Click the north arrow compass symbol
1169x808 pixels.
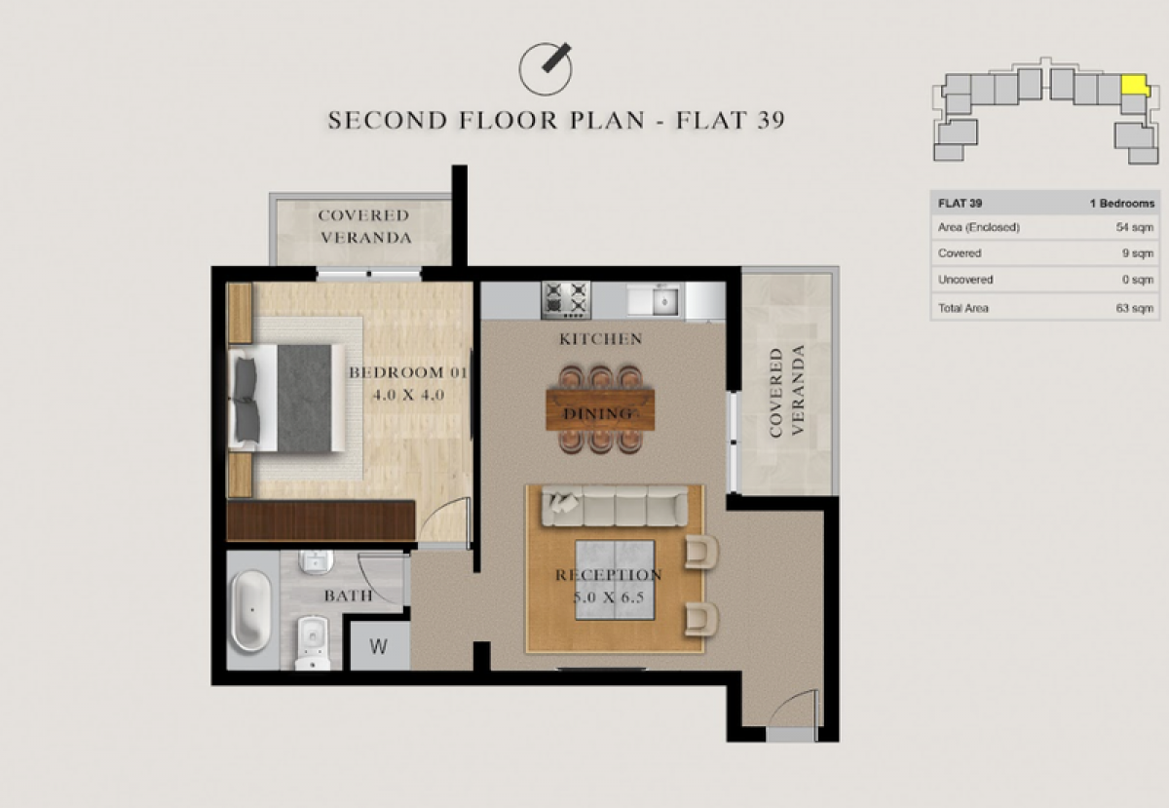[546, 69]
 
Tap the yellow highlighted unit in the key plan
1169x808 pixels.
[1134, 85]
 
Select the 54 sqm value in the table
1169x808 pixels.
[1135, 228]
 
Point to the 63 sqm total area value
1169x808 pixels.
[1135, 308]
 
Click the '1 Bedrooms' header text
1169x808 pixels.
[1122, 203]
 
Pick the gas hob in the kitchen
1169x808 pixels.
[566, 300]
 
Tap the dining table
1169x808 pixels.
[600, 409]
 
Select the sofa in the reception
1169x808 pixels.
[615, 505]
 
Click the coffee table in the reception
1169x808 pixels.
[615, 580]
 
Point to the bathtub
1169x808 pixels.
[251, 610]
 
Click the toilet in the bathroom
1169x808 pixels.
[313, 643]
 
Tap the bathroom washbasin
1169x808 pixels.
[316, 561]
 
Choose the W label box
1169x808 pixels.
[379, 646]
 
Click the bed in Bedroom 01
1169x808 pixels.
[287, 398]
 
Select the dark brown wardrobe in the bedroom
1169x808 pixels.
[321, 520]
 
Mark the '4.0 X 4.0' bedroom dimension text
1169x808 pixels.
[408, 395]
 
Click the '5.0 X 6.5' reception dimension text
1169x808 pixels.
[609, 597]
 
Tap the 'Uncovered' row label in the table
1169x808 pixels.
[965, 280]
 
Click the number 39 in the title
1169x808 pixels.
[771, 120]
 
